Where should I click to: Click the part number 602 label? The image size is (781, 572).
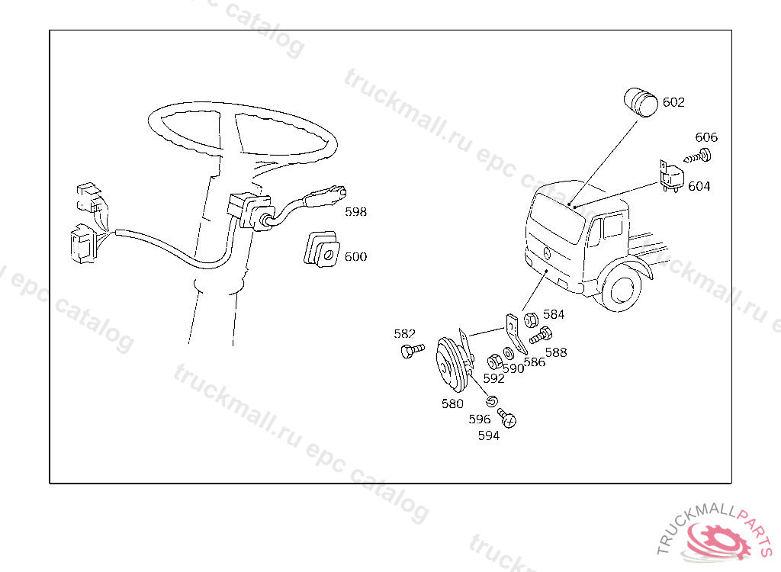673,102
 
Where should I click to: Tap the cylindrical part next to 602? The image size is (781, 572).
641,103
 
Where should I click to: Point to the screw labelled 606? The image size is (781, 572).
697,156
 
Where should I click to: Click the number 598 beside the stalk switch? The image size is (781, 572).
355,212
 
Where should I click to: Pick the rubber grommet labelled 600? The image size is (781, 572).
322,249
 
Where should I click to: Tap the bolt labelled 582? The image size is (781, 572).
413,350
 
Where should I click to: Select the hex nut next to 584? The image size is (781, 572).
531,320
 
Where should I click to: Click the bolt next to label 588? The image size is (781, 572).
541,336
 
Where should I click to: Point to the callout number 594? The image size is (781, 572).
489,436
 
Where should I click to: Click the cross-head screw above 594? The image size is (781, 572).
507,417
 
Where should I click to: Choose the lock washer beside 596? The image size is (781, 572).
492,400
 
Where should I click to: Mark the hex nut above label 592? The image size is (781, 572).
493,361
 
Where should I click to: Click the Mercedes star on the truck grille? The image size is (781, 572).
546,252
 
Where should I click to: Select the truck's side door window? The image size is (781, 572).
612,227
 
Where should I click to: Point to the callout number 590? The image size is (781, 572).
513,368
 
